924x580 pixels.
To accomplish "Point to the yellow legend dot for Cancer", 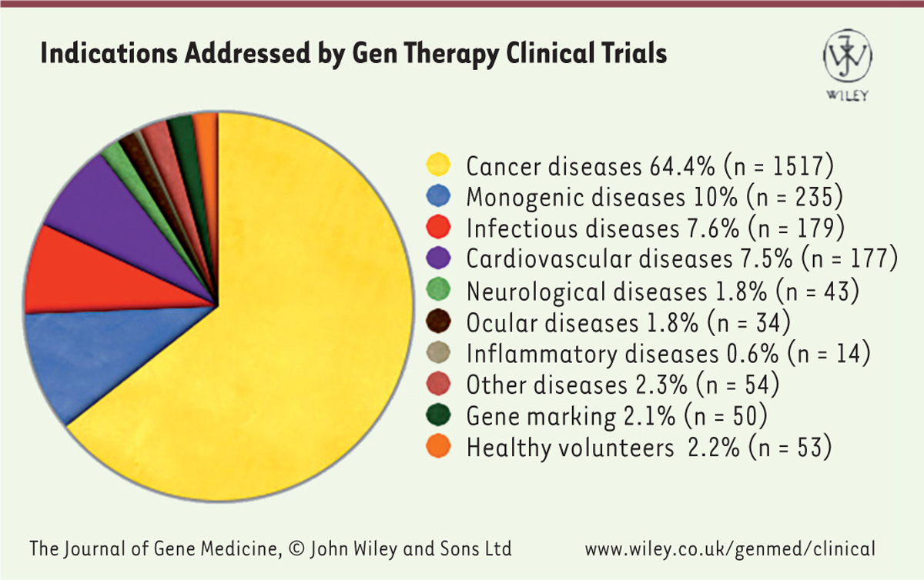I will [x=437, y=165].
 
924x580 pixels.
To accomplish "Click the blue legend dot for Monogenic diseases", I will [x=437, y=197].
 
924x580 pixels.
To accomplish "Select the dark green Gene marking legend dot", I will [x=437, y=416].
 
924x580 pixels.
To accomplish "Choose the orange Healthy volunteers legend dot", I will [x=437, y=448].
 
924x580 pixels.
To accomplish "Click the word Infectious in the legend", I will [x=521, y=228].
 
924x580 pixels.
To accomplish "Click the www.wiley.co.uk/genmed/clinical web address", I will [x=730, y=549].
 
